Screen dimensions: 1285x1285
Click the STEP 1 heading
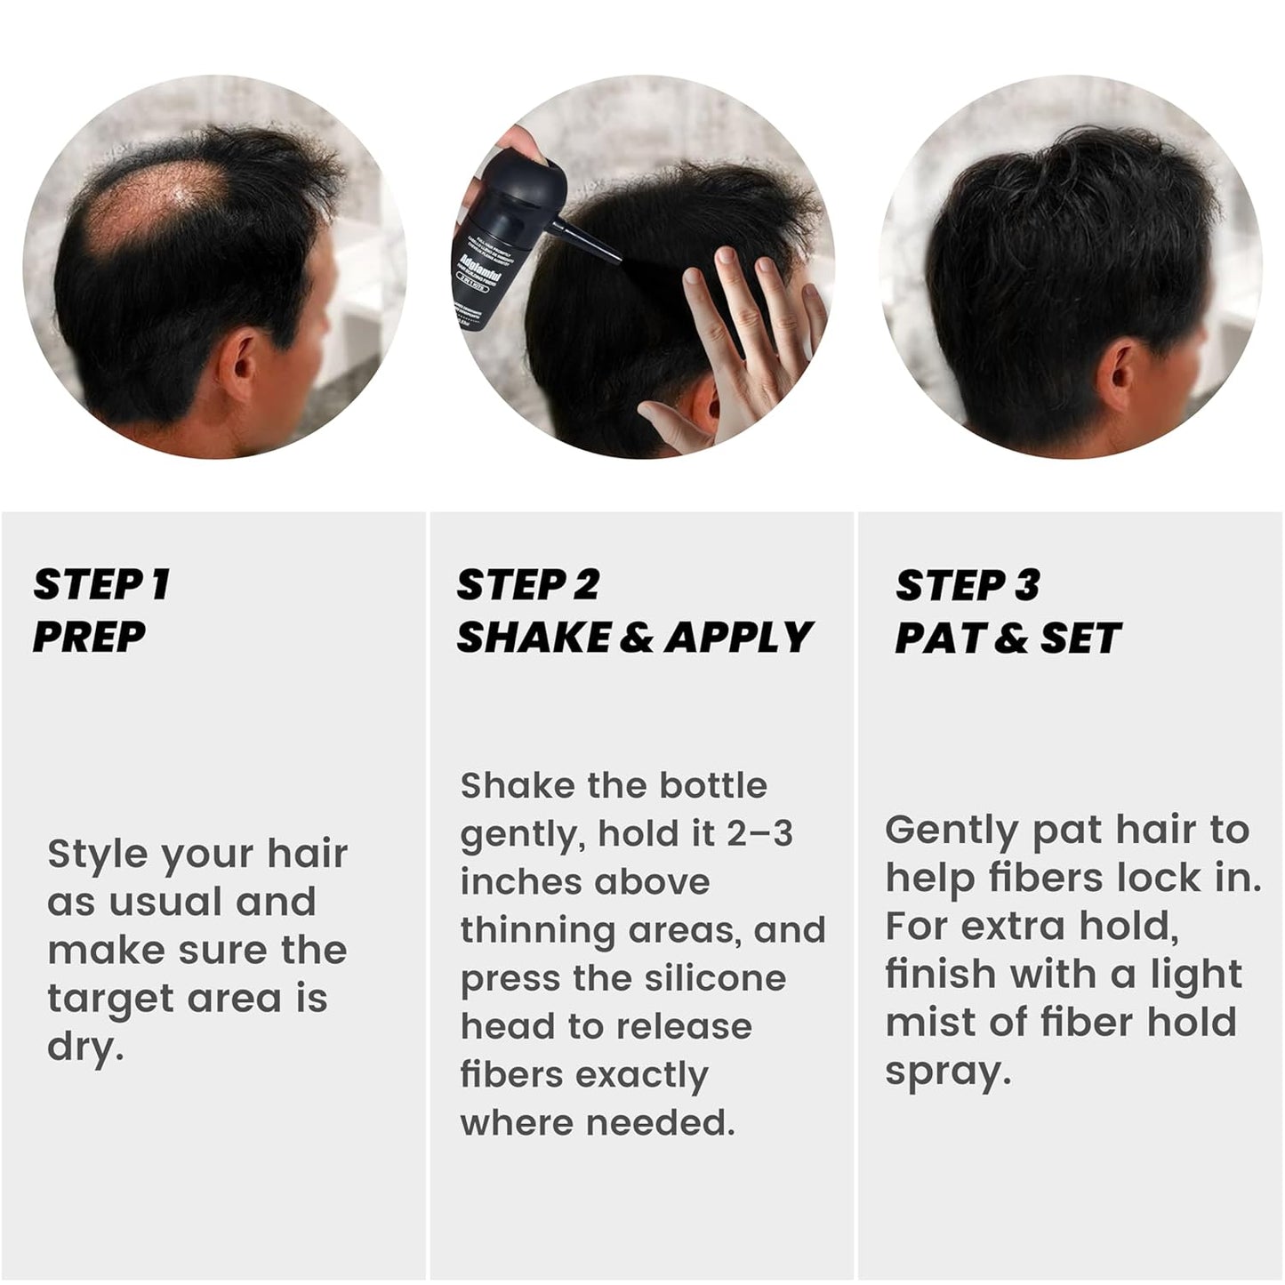click(x=101, y=585)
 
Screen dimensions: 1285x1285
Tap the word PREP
click(x=89, y=638)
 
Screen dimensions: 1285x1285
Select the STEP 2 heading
click(x=528, y=585)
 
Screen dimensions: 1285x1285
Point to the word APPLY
click(x=739, y=638)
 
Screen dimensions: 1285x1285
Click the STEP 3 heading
click(x=968, y=585)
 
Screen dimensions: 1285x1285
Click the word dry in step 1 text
click(x=84, y=1048)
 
